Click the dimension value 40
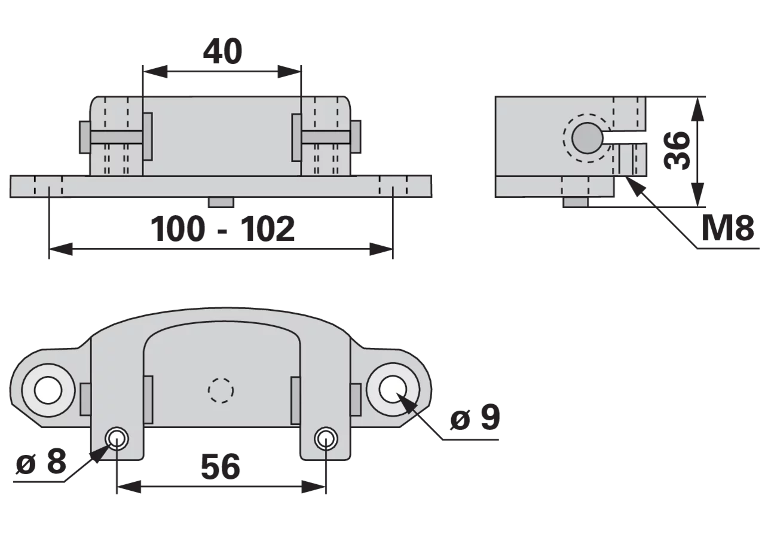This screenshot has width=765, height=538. coord(223,51)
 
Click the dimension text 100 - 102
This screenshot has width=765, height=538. coord(222,229)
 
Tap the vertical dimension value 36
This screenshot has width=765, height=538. coord(677,150)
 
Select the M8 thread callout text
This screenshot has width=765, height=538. coord(727,228)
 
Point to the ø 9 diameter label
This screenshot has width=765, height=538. coord(475,417)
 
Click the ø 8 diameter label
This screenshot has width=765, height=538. coord(41,461)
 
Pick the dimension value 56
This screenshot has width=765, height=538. coord(221,467)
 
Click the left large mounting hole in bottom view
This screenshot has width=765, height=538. coord(48,390)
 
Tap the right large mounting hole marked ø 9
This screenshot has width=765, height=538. coord(393,389)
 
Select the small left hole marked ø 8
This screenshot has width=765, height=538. coord(117,438)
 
